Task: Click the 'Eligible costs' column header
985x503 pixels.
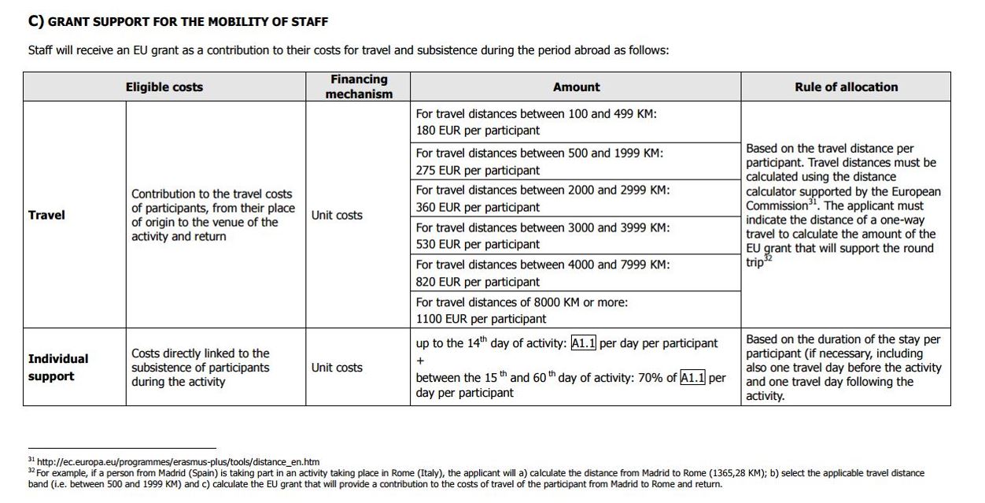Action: (x=164, y=87)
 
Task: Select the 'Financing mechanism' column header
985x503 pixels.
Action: (x=359, y=87)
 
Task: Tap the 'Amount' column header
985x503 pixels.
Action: (x=576, y=87)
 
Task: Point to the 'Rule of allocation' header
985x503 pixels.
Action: (x=846, y=87)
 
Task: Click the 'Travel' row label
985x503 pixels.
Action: (x=46, y=215)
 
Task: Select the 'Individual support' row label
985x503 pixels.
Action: (x=58, y=368)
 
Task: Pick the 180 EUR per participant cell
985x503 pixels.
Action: (x=478, y=131)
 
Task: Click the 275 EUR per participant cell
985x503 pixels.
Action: (x=478, y=170)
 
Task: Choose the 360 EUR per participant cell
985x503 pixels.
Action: (x=478, y=207)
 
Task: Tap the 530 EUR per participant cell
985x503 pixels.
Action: (x=478, y=244)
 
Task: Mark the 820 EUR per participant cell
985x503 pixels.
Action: (x=478, y=282)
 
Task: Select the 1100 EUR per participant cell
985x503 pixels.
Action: (x=481, y=319)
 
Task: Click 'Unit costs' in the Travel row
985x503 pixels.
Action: (x=337, y=215)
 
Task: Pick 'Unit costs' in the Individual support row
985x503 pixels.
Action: (x=337, y=368)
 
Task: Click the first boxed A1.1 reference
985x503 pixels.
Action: (x=584, y=343)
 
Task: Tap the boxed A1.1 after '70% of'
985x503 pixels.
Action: (x=692, y=378)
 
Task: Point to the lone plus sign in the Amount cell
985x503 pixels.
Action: (x=420, y=361)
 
